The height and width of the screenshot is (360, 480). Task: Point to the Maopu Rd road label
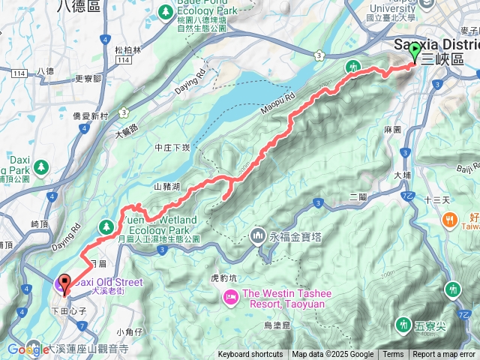275,102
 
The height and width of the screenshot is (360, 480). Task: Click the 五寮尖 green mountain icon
403,324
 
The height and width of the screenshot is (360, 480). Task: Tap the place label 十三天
436,200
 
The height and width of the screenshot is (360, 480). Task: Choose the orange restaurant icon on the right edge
450,220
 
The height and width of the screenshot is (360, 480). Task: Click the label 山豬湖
166,186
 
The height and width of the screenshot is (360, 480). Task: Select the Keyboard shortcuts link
250,355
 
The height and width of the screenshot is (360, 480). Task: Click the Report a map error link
444,355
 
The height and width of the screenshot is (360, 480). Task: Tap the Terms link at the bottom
393,355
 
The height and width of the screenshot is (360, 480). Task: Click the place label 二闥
358,196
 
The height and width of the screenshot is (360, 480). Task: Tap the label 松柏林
128,50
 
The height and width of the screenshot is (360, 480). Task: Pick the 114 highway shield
20,72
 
